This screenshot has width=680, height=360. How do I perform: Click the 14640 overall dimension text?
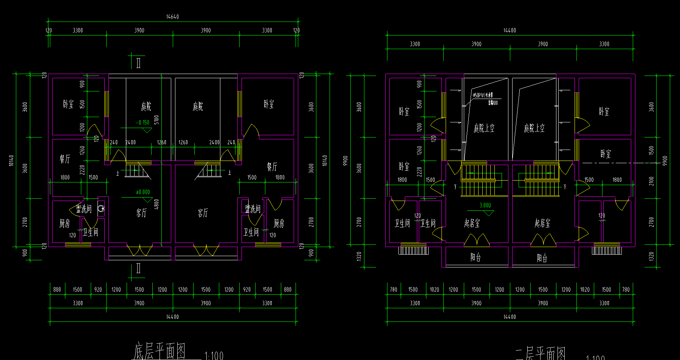click(x=172, y=17)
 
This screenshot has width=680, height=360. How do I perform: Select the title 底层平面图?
click(x=160, y=351)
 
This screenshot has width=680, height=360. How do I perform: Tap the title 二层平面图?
click(x=541, y=354)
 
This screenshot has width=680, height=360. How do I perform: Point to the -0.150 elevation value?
click(x=143, y=122)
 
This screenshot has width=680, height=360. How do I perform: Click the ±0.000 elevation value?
click(x=143, y=192)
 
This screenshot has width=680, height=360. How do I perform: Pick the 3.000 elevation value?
click(x=485, y=205)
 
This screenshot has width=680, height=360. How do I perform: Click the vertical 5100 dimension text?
click(x=156, y=120)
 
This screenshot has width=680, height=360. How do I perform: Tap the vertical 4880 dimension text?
click(x=156, y=204)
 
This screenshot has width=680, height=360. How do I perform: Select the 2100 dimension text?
click(x=651, y=181)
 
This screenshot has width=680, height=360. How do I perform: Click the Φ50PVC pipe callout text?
click(x=483, y=95)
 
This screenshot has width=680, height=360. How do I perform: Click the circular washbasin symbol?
click(x=101, y=208)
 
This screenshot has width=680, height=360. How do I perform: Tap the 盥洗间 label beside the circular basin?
click(x=84, y=209)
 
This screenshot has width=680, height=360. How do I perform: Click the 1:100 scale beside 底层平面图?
click(x=214, y=355)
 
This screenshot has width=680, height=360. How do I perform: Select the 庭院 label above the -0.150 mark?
click(x=146, y=107)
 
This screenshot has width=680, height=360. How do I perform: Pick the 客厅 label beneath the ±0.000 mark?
click(x=141, y=213)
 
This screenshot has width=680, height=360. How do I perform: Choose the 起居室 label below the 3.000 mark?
click(x=472, y=223)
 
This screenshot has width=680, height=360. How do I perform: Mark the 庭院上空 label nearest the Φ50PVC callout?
click(x=484, y=128)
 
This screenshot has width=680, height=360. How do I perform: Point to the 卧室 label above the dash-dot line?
click(x=606, y=154)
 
